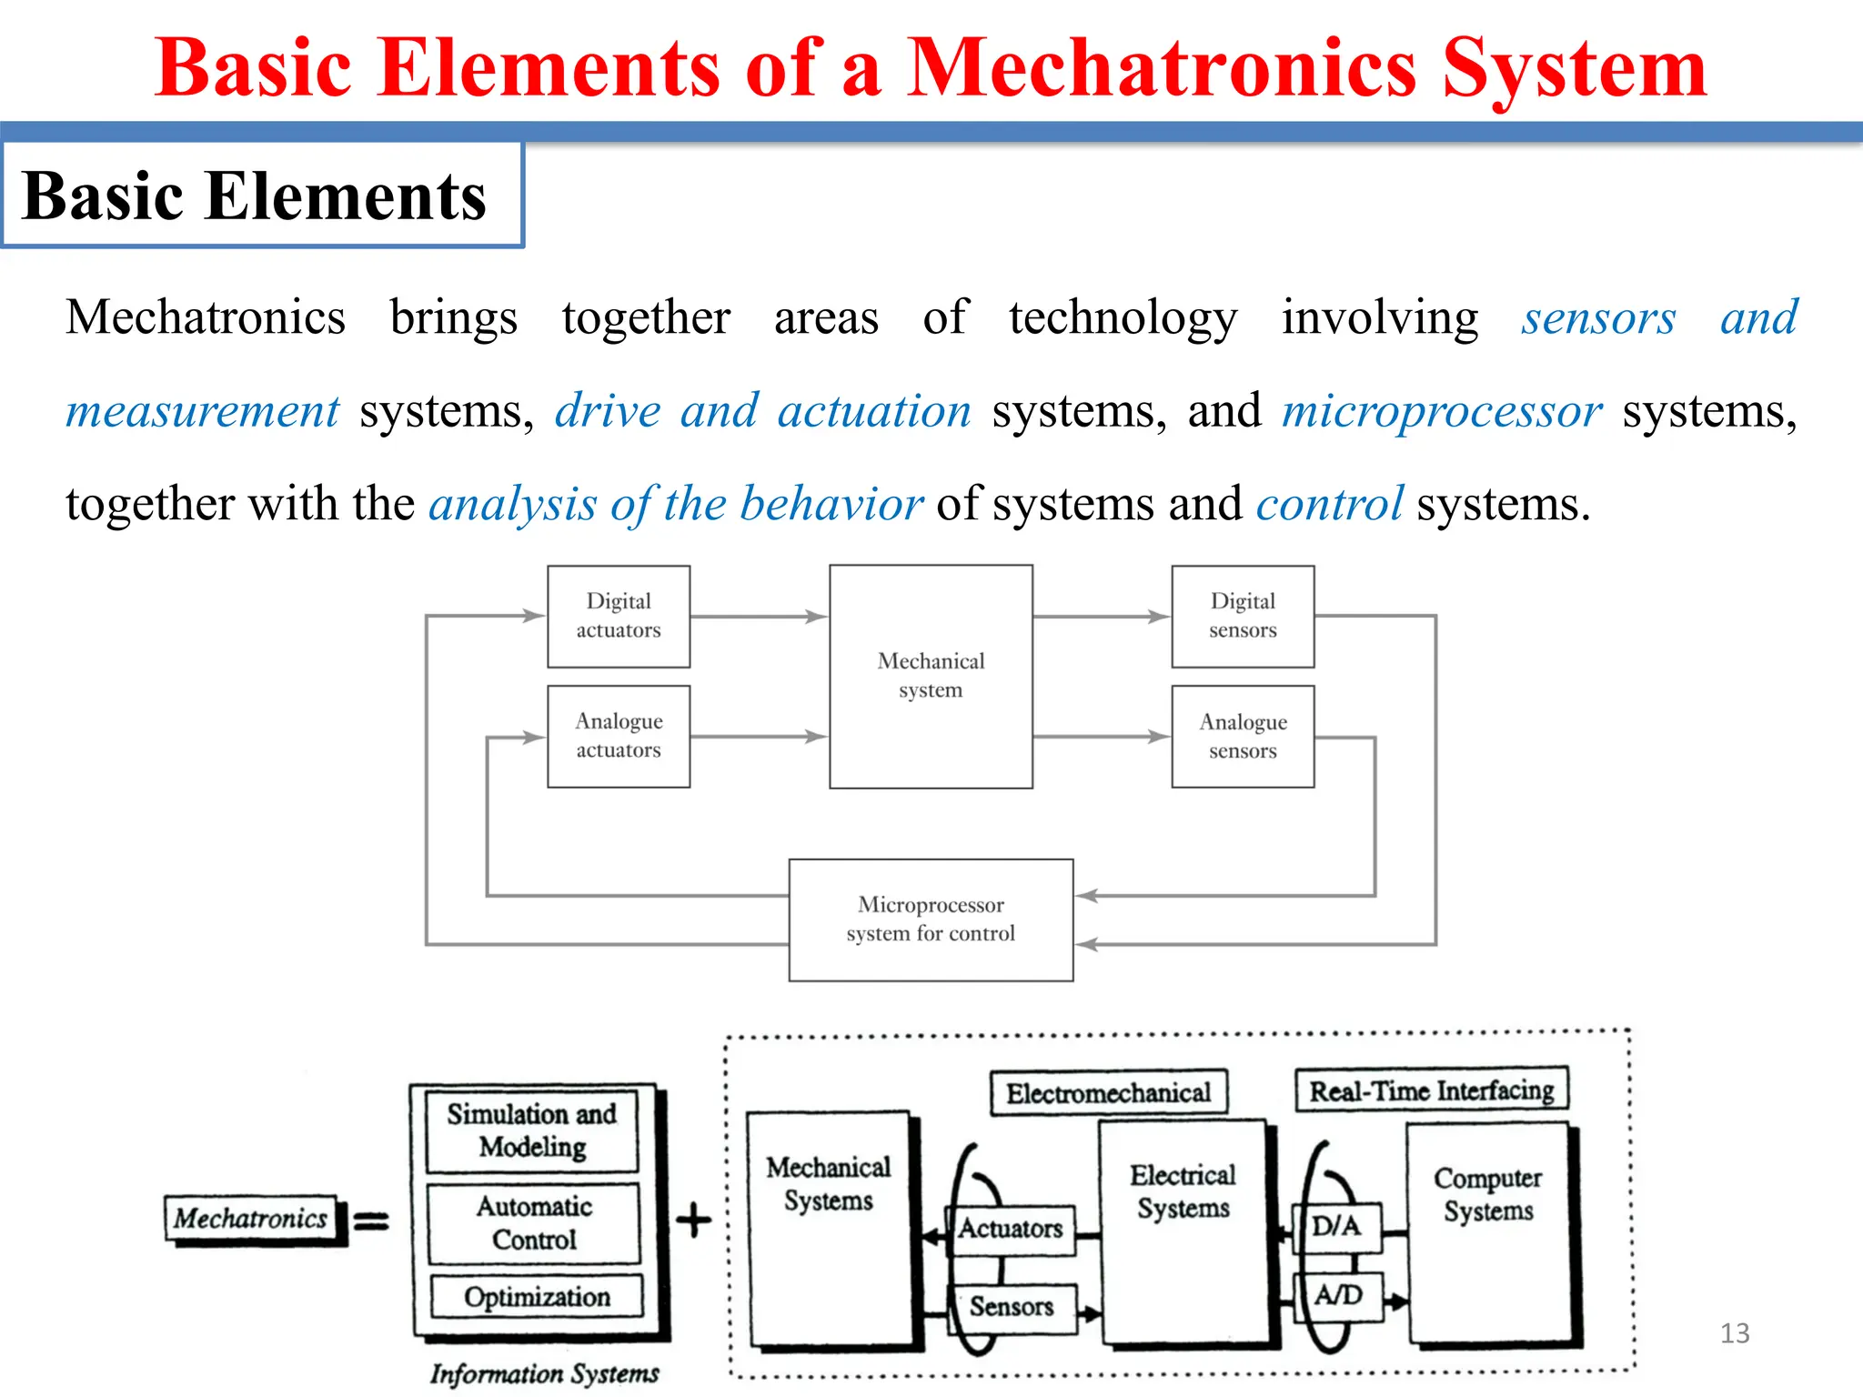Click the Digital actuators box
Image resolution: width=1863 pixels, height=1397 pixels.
pyautogui.click(x=619, y=616)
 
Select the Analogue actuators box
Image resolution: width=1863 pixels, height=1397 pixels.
pyautogui.click(x=619, y=736)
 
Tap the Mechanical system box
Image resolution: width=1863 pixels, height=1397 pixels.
pyautogui.click(x=931, y=676)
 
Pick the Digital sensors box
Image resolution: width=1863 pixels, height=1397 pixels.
pyautogui.click(x=1243, y=616)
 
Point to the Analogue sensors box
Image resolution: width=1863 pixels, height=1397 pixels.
pyautogui.click(x=1243, y=736)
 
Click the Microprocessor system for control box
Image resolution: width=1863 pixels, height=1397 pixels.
pyautogui.click(x=931, y=920)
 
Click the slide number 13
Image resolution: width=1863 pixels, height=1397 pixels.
pyautogui.click(x=1735, y=1333)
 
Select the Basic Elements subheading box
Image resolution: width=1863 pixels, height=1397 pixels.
pyautogui.click(x=262, y=196)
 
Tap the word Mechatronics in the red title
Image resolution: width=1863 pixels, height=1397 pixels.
pyautogui.click(x=1162, y=69)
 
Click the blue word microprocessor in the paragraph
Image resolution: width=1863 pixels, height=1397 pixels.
pyautogui.click(x=1442, y=411)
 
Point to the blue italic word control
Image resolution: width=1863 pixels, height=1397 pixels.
pyautogui.click(x=1329, y=504)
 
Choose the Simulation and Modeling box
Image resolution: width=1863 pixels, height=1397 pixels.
pyautogui.click(x=532, y=1131)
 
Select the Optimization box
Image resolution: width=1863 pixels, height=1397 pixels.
pyautogui.click(x=537, y=1296)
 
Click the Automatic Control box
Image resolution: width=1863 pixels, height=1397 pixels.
pyautogui.click(x=534, y=1223)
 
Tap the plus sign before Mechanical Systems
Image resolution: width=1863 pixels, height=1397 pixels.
pyautogui.click(x=693, y=1220)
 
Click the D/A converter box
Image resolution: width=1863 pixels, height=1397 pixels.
pyautogui.click(x=1336, y=1226)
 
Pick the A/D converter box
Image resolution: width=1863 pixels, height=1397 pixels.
pyautogui.click(x=1338, y=1295)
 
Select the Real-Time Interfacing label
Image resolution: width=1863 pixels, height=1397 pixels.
pyautogui.click(x=1432, y=1090)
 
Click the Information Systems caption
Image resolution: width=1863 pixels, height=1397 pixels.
pyautogui.click(x=544, y=1373)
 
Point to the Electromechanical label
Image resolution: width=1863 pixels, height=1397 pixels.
pyautogui.click(x=1108, y=1092)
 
